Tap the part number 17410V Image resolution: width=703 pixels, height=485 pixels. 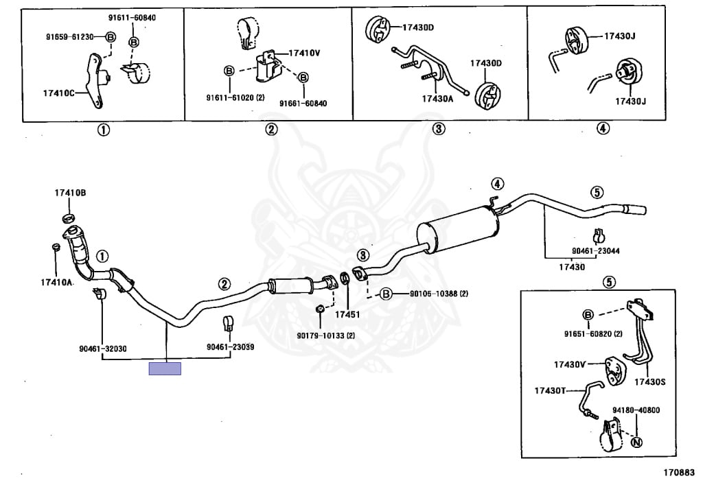pyautogui.click(x=303, y=53)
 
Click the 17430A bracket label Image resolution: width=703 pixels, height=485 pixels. pyautogui.click(x=438, y=98)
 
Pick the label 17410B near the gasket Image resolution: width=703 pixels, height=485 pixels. pyautogui.click(x=71, y=193)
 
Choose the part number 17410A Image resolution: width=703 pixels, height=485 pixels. pyautogui.click(x=56, y=282)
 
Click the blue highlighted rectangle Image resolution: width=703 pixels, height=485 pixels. pyautogui.click(x=165, y=369)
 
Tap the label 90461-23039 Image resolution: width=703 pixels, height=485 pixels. pyautogui.click(x=230, y=347)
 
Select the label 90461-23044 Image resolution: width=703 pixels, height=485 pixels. pyautogui.click(x=596, y=251)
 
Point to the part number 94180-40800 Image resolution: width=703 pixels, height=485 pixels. pyautogui.click(x=636, y=410)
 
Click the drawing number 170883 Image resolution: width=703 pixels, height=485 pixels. pyautogui.click(x=679, y=473)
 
